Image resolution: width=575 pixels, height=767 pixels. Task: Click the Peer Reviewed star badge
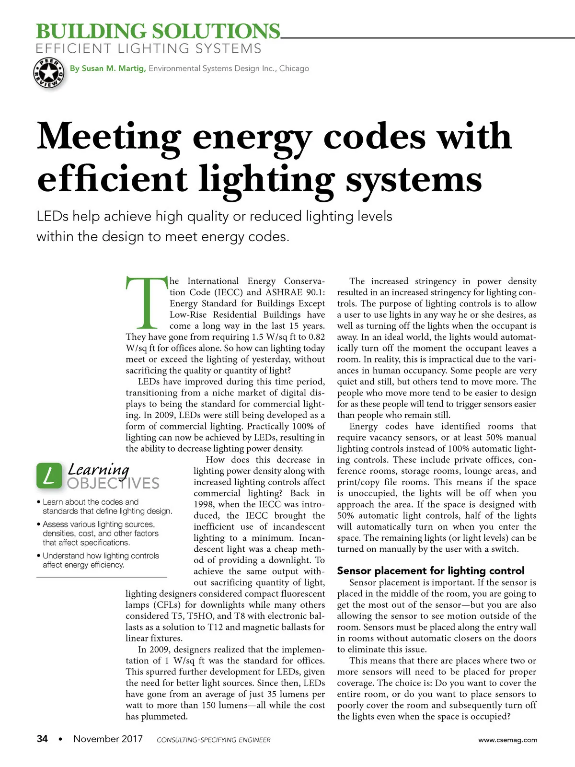click(x=48, y=73)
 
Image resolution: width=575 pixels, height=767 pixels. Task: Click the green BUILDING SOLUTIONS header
click(x=158, y=32)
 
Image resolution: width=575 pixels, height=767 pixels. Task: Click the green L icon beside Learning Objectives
click(x=49, y=476)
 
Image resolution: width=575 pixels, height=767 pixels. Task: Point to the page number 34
click(x=42, y=739)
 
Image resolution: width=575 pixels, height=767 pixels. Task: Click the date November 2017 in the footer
click(x=108, y=739)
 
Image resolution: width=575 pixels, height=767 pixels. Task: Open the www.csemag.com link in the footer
click(x=507, y=740)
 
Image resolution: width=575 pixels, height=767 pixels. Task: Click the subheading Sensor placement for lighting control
click(x=430, y=570)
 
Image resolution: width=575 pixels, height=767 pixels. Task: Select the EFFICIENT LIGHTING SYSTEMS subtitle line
click(x=149, y=49)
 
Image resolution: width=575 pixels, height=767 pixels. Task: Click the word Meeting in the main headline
click(x=109, y=137)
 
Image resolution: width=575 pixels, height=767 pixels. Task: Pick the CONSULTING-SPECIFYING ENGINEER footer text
click(x=213, y=740)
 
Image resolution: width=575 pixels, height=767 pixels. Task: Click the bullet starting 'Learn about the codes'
click(x=107, y=506)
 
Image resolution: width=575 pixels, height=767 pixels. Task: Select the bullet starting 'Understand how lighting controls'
click(x=101, y=560)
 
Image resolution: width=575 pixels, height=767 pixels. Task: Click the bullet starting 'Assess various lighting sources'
click(x=100, y=533)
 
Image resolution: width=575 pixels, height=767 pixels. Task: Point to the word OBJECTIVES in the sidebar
click(x=113, y=483)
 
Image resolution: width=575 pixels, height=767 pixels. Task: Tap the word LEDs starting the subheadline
click(x=53, y=217)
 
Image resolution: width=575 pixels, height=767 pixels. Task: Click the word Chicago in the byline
click(x=294, y=69)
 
